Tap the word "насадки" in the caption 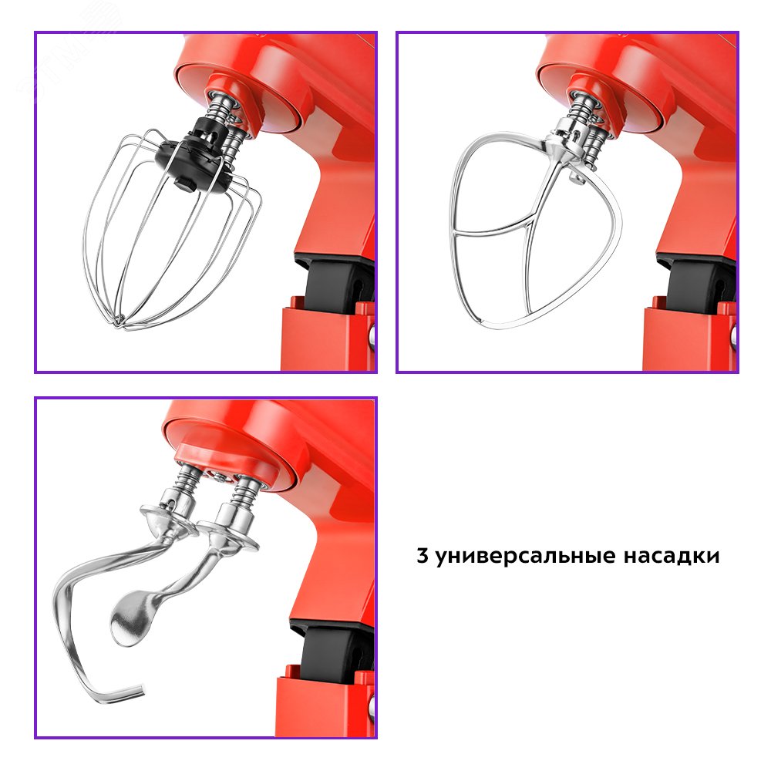(672, 556)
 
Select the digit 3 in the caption (423, 555)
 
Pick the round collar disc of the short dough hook (229, 535)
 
